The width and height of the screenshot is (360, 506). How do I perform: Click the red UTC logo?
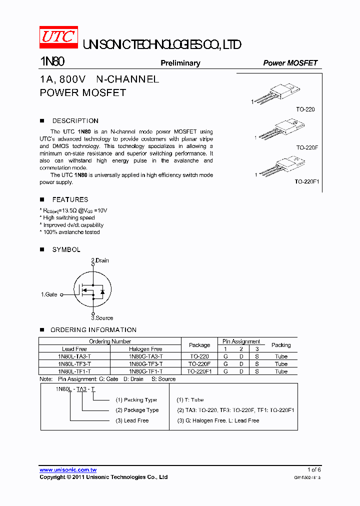(58, 38)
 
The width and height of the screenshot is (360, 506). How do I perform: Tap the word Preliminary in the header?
(180, 63)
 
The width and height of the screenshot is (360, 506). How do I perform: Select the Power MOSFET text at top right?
(290, 63)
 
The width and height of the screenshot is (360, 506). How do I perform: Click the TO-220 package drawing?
(277, 95)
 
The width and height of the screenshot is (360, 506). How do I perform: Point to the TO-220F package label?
(307, 147)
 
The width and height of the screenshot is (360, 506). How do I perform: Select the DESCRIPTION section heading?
(75, 120)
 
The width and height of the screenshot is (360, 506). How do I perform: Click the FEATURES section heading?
(70, 199)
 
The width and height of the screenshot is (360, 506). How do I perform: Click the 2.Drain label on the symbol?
(99, 260)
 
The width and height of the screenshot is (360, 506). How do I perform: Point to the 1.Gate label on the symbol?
(49, 294)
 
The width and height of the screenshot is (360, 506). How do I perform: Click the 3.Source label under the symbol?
(102, 318)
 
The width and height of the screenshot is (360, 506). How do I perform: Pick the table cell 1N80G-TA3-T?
(145, 356)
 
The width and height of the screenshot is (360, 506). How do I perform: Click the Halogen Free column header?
(145, 349)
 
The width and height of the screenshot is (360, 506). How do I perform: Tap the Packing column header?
(281, 345)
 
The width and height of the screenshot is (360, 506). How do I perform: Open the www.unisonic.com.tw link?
(68, 469)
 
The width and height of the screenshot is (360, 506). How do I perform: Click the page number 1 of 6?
(314, 469)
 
